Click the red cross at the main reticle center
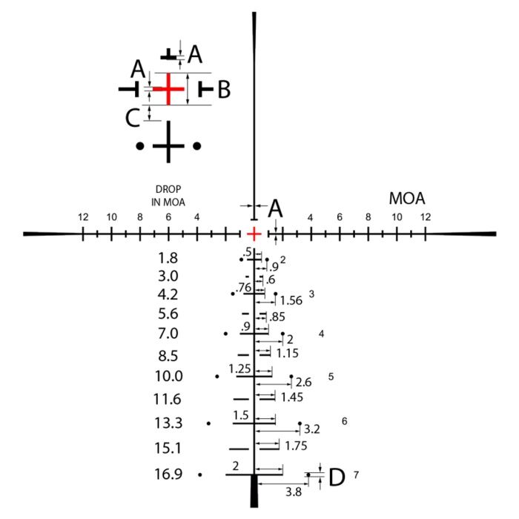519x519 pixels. click(254, 234)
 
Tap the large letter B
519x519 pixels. click(224, 90)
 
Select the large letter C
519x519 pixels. click(133, 118)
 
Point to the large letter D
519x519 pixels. click(337, 477)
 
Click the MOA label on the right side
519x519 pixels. click(407, 198)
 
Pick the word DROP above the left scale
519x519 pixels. click(168, 189)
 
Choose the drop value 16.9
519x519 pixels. click(168, 474)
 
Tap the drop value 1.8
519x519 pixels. click(168, 258)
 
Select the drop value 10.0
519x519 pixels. click(169, 377)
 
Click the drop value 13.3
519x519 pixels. click(168, 423)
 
